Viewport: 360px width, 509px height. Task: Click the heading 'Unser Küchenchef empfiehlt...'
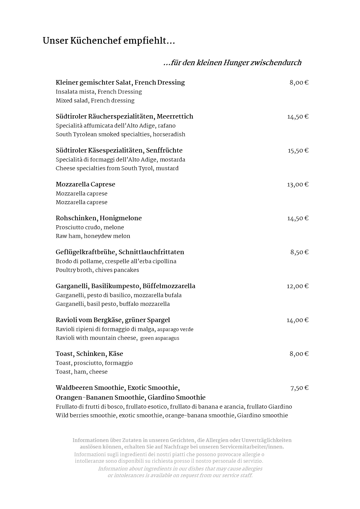point(109,41)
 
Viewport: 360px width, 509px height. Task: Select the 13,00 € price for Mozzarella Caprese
point(298,184)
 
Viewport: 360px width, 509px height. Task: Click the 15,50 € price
point(298,151)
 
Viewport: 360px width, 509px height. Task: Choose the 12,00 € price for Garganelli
point(298,286)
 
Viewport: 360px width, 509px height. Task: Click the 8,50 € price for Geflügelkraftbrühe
point(299,252)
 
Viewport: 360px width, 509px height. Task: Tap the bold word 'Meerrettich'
point(175,116)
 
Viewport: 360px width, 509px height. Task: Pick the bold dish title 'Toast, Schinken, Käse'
point(89,354)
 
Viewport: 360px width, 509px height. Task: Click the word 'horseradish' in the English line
point(169,134)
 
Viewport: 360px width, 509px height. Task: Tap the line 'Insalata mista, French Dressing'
point(99,92)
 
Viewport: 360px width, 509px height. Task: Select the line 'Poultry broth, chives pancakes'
point(97,270)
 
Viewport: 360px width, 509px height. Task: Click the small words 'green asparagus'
point(160,338)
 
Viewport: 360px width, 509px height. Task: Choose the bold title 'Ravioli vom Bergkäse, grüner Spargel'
point(113,320)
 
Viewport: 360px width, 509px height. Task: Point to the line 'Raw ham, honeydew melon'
point(93,236)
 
